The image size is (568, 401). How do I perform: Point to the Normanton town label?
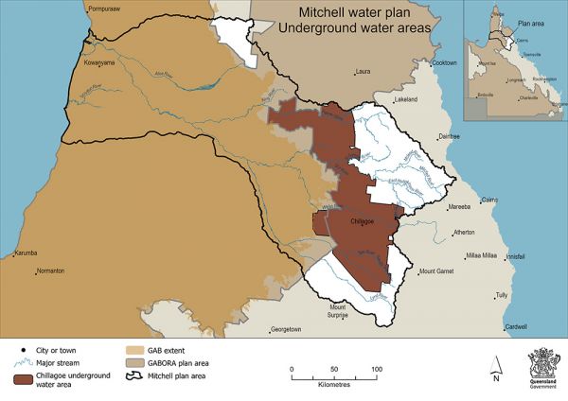46,271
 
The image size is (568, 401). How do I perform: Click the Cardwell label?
516,327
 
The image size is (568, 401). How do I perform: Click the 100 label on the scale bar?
377,369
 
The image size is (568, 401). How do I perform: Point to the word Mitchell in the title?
326,13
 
